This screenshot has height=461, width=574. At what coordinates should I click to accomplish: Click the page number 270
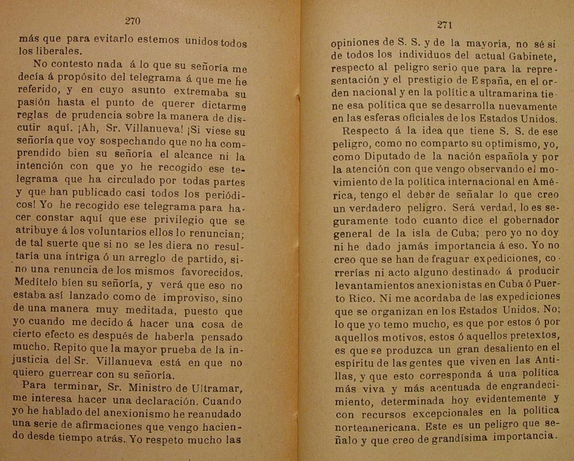point(133,21)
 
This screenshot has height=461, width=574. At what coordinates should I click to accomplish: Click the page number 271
point(445,25)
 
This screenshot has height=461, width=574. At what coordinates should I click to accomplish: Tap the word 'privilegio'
point(179,220)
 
